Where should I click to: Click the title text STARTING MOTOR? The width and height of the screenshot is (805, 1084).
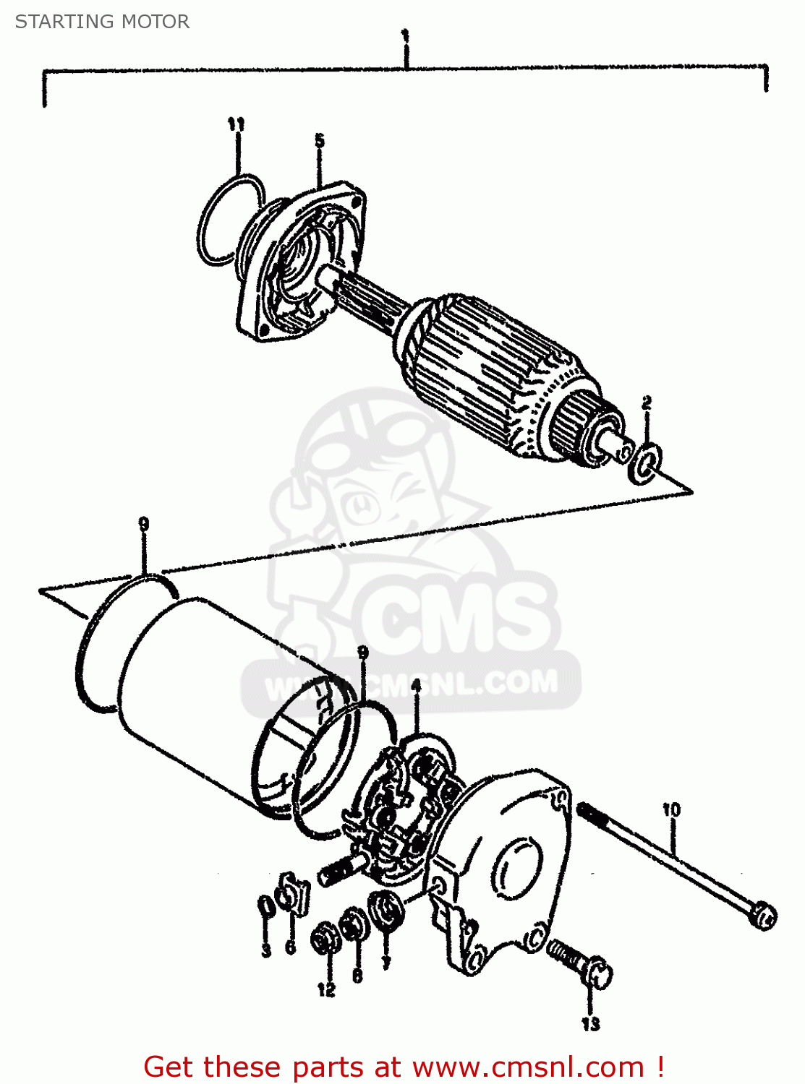[x=102, y=22]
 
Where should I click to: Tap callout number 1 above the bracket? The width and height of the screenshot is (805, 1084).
[x=406, y=35]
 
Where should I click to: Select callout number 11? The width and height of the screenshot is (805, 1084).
[x=236, y=125]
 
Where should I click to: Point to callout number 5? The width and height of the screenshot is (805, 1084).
[x=319, y=140]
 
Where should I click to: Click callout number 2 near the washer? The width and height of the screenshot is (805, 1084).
[x=647, y=403]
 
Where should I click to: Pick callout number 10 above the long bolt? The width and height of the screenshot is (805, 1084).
[x=671, y=809]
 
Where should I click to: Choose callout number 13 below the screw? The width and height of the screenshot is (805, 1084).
[x=591, y=1023]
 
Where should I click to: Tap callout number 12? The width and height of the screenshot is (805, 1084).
[x=326, y=989]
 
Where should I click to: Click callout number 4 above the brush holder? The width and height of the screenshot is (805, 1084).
[x=416, y=685]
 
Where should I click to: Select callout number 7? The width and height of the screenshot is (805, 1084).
[x=386, y=963]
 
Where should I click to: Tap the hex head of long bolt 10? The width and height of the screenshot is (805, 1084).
[x=762, y=916]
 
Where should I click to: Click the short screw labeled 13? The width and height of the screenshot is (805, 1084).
[x=579, y=960]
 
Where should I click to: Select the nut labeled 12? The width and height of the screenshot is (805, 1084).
[x=323, y=940]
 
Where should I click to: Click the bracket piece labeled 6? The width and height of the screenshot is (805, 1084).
[x=293, y=894]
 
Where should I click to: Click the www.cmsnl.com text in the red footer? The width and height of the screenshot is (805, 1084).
[x=527, y=1067]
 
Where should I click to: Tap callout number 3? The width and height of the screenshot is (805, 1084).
[x=266, y=950]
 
